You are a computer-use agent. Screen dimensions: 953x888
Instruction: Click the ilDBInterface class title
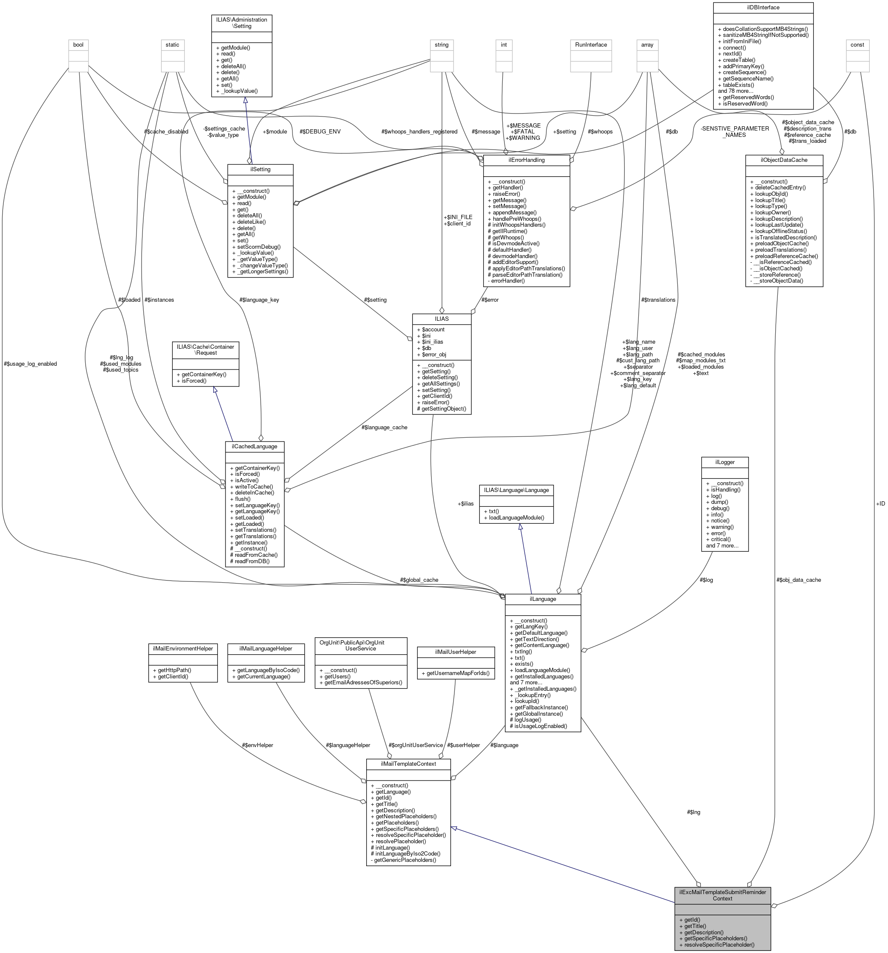click(x=763, y=7)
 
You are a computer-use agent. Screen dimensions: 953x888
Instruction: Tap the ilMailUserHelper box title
click(x=454, y=651)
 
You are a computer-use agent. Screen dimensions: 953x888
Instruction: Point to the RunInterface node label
click(x=590, y=44)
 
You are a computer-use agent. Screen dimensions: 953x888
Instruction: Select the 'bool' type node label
click(x=78, y=44)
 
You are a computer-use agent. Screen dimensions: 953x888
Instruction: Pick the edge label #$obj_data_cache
click(x=798, y=580)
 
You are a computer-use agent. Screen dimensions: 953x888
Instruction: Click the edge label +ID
click(x=880, y=503)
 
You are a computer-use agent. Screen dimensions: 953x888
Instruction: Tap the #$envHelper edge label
click(x=257, y=745)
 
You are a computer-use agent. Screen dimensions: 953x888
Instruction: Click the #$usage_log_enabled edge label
click(x=30, y=364)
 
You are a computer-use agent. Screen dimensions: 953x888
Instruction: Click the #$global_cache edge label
click(x=419, y=580)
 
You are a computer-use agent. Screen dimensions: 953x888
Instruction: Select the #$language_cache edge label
click(x=384, y=427)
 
